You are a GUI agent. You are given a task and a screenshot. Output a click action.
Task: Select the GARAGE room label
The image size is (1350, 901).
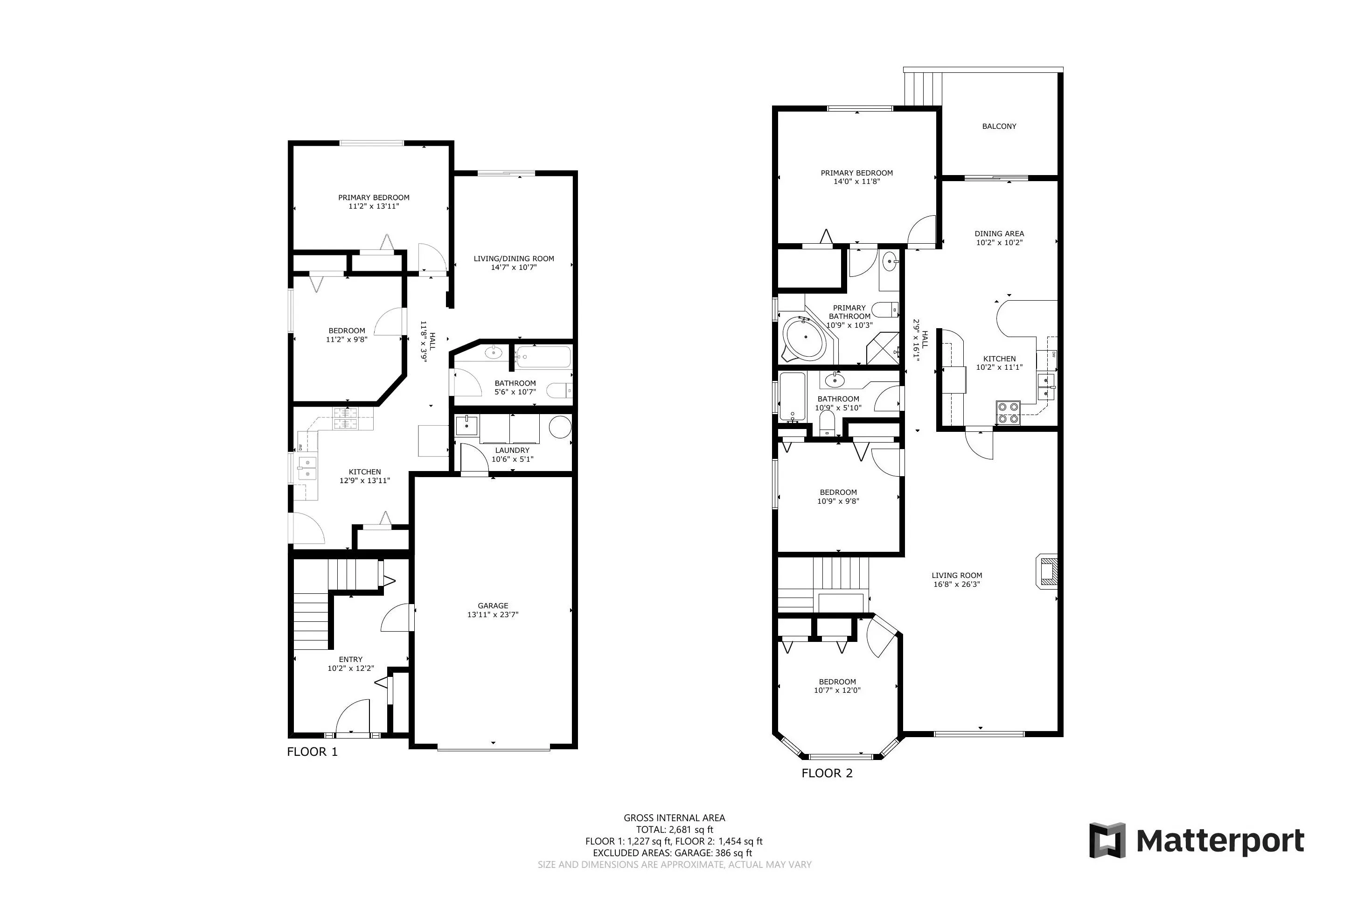(x=493, y=605)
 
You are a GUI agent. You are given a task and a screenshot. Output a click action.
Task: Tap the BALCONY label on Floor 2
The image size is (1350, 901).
(x=999, y=127)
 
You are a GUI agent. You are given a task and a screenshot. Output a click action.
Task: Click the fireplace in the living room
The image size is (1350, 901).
(x=1047, y=571)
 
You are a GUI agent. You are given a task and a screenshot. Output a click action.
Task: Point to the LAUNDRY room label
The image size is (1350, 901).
(x=512, y=450)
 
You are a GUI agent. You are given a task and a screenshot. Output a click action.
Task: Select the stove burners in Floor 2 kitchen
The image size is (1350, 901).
(x=1008, y=413)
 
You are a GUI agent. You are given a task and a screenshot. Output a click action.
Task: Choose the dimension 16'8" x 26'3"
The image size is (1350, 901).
(x=956, y=584)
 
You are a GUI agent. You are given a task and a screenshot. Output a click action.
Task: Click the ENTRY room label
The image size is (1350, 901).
(x=350, y=660)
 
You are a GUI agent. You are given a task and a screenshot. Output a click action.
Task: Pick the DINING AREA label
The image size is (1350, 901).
(x=999, y=234)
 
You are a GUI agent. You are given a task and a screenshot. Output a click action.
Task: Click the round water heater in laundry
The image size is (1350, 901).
(x=560, y=428)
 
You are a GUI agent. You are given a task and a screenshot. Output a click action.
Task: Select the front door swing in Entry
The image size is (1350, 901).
(x=353, y=717)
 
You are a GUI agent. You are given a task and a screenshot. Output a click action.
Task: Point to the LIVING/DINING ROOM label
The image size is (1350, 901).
(x=513, y=259)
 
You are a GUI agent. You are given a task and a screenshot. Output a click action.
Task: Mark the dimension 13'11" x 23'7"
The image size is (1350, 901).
(x=493, y=615)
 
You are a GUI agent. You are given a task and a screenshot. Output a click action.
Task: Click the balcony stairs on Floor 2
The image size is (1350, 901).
(x=923, y=89)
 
